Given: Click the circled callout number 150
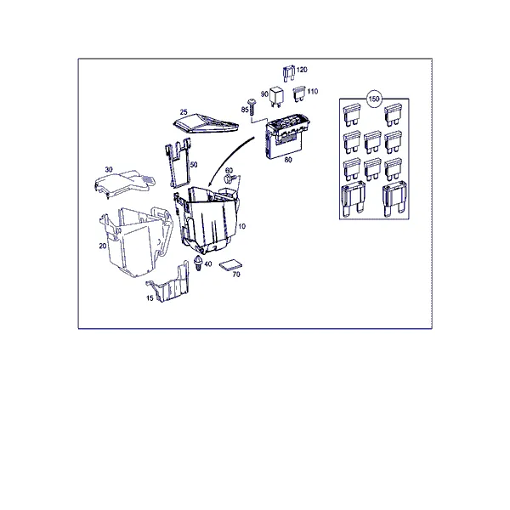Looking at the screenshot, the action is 374,99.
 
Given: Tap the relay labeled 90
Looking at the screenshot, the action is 276,95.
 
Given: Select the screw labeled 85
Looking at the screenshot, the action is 252,106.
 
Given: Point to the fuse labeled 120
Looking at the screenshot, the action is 289,73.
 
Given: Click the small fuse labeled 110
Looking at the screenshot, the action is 299,93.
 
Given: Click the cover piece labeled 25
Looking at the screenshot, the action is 206,123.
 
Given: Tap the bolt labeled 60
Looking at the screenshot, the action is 230,178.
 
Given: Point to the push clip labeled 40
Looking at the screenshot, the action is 198,262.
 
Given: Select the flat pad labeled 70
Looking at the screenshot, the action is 230,265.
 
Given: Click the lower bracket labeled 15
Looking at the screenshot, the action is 169,284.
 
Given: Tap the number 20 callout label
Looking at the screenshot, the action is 103,246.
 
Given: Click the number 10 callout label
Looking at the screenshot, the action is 242,226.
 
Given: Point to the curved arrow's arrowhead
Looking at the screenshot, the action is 210,184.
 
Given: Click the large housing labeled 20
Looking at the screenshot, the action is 137,241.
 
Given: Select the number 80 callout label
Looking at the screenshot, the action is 288,160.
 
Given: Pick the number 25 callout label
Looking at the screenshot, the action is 184,112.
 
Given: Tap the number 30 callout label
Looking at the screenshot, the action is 109,169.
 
